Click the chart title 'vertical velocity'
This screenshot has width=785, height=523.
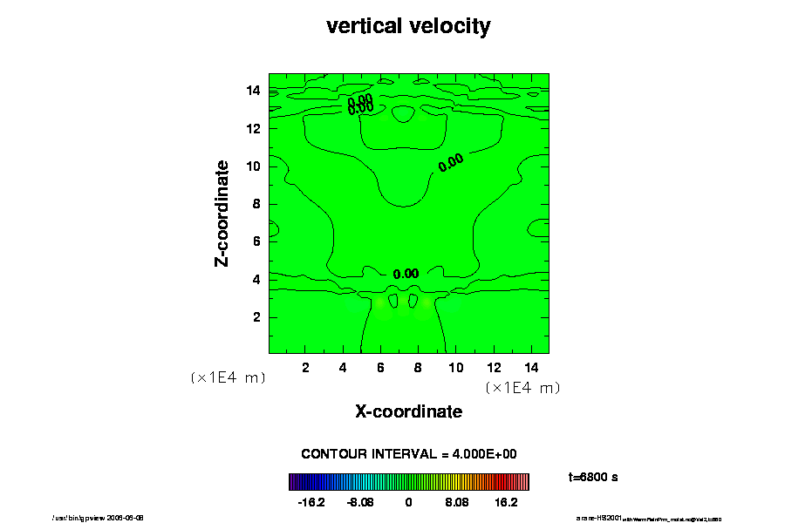(x=408, y=26)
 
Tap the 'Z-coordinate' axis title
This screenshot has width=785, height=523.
(x=222, y=213)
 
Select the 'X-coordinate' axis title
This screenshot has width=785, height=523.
(x=408, y=411)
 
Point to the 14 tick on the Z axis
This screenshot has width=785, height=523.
(x=256, y=91)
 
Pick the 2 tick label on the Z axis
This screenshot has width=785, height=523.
(x=257, y=316)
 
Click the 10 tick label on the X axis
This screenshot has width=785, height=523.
(x=455, y=367)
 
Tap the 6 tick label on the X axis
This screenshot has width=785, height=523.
(x=380, y=367)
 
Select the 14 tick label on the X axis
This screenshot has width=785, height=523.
(x=530, y=367)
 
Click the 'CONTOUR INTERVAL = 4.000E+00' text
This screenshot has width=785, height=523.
(x=409, y=454)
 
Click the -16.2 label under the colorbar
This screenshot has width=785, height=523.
(x=311, y=503)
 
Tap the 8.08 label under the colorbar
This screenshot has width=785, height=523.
(x=457, y=503)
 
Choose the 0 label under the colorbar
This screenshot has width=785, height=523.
(x=408, y=503)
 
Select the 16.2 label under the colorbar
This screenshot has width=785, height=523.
(x=507, y=503)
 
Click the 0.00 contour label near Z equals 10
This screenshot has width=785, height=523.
(x=451, y=162)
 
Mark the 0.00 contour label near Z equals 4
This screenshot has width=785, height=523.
(x=406, y=274)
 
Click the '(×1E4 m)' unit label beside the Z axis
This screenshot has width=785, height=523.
(x=228, y=377)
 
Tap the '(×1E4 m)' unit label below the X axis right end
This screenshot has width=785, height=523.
(x=522, y=387)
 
